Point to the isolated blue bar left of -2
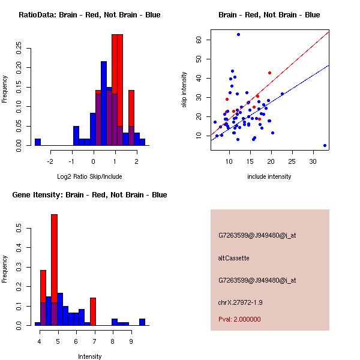click(x=38, y=142)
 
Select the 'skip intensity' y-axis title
click(x=184, y=90)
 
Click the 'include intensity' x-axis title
click(x=269, y=176)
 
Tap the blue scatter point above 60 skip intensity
click(x=238, y=35)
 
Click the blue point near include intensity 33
click(x=325, y=145)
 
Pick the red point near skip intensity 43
click(x=270, y=73)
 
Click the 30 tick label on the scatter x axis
click(x=313, y=161)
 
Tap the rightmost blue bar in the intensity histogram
click(x=142, y=322)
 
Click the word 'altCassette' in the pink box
click(x=233, y=258)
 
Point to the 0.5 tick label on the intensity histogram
click(x=20, y=229)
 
